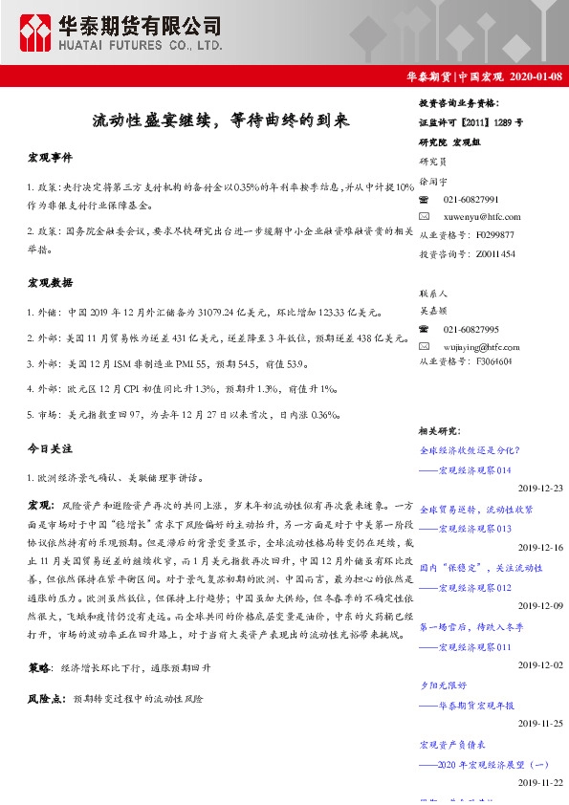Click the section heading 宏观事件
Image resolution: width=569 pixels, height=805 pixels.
(50, 157)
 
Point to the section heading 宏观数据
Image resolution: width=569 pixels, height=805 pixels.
(50, 283)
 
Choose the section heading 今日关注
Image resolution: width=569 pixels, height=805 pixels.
(50, 447)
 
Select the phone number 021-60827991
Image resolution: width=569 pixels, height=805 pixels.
(471, 200)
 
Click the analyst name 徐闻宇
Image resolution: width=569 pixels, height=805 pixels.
(433, 181)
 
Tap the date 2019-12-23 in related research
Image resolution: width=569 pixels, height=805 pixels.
(540, 488)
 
